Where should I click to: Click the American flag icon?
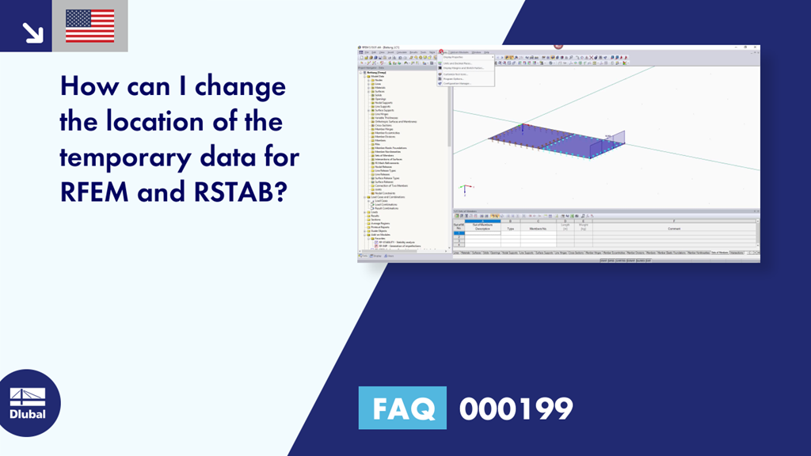pos(89,25)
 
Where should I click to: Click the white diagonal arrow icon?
pos(32,32)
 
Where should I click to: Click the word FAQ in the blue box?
pos(402,408)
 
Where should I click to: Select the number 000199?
pos(516,408)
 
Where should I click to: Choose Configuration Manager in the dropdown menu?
pos(459,83)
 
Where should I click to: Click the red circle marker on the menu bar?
pos(441,51)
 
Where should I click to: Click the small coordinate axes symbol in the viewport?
pos(466,189)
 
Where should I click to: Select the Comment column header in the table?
pos(672,228)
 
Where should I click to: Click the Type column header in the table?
pos(510,228)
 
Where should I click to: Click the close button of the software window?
pos(756,47)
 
